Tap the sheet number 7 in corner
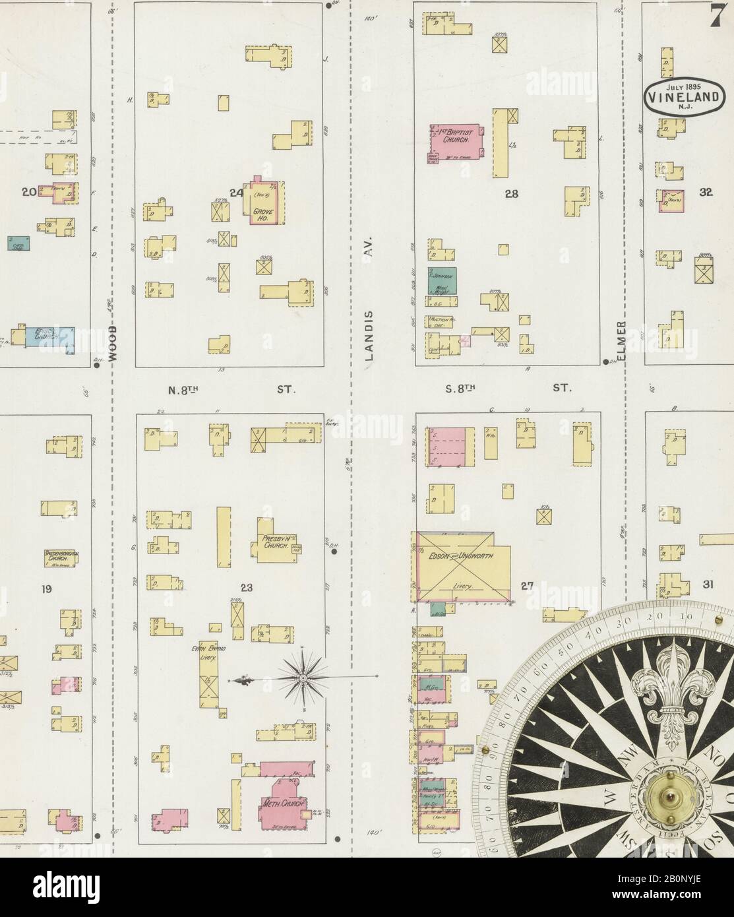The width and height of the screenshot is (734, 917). pos(717,17)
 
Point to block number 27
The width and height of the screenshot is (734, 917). pos(527,584)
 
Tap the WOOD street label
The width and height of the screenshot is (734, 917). pos(113,342)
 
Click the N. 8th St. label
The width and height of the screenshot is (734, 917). pos(231,389)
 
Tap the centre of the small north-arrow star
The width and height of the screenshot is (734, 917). pos(302,678)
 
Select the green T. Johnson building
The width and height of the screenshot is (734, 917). pos(443,280)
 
